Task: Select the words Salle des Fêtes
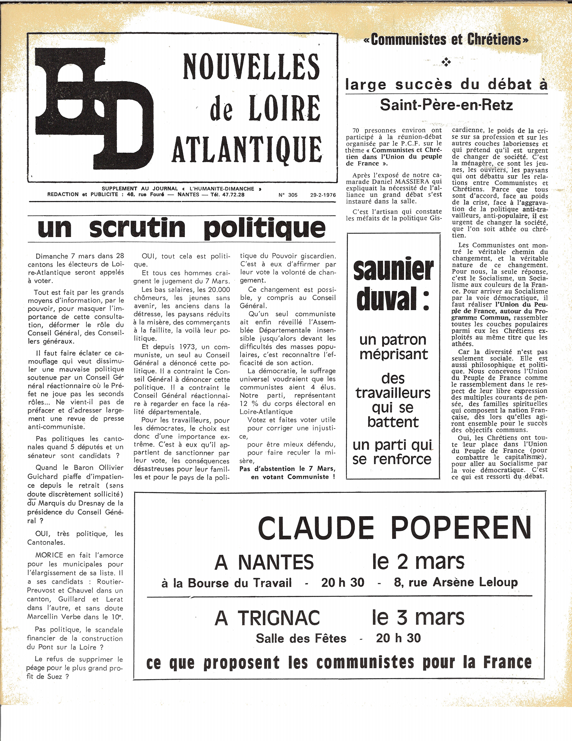pos(301,638)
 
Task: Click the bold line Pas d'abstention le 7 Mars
pos(287,468)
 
